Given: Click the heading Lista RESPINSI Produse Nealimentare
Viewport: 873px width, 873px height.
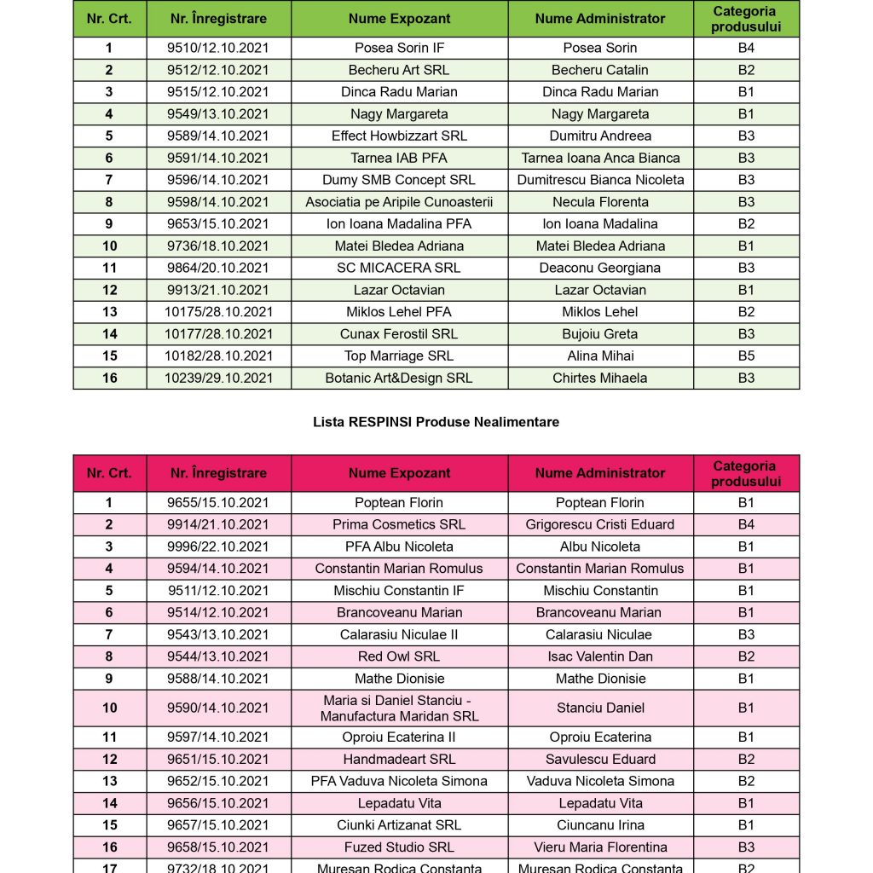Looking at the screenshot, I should [436, 422].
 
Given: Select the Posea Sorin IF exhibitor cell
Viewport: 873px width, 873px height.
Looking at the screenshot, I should [399, 48].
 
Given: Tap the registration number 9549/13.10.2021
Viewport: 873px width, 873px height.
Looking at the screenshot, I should [218, 114].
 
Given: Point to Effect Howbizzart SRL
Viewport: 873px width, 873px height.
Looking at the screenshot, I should [399, 136].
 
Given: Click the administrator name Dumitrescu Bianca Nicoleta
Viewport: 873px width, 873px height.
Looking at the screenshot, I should [600, 180].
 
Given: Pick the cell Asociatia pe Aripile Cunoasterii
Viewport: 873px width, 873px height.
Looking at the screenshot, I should [399, 202].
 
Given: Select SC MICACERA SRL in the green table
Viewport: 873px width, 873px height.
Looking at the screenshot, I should [399, 268].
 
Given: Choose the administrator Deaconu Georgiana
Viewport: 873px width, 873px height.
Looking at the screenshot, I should [600, 268].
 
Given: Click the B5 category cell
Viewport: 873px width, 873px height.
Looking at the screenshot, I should [746, 356].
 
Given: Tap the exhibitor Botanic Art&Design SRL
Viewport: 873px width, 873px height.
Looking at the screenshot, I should [399, 379].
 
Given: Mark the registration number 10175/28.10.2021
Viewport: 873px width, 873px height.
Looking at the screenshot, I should [218, 312].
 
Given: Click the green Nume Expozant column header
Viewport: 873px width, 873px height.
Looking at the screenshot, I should [399, 19].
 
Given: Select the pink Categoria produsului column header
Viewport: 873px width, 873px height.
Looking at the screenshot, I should [746, 473].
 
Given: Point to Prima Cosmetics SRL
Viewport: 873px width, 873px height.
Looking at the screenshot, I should [399, 525].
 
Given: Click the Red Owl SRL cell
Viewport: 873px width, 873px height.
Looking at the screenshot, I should [399, 656].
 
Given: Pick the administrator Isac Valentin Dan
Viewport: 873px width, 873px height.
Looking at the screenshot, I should [600, 656].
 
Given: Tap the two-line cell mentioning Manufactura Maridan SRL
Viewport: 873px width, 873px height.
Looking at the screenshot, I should [399, 708].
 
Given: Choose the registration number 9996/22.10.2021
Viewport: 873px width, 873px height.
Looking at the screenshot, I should [218, 546].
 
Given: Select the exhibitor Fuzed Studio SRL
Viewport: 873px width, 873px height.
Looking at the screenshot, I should [399, 847].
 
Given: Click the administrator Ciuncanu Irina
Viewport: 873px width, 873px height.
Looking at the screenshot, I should [600, 825].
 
